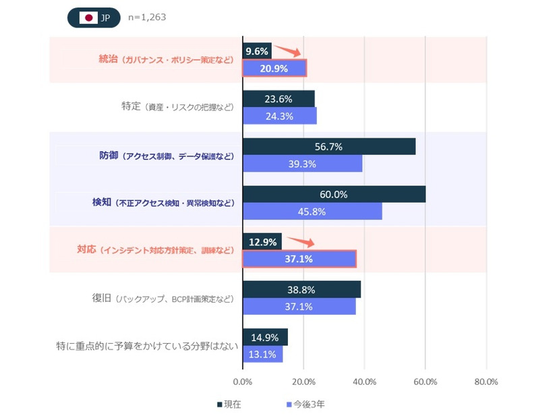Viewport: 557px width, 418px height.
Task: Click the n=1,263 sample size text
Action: pos(147,18)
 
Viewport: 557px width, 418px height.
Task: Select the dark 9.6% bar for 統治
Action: pos(257,51)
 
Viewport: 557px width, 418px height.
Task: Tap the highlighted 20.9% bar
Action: pos(274,68)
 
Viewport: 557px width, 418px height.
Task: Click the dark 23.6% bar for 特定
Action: pos(278,98)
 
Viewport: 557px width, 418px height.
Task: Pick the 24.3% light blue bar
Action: pos(279,116)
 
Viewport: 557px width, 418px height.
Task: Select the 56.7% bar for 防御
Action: pos(329,146)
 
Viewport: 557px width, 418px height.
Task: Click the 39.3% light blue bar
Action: pos(303,164)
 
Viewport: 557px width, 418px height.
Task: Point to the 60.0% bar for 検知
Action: pos(334,194)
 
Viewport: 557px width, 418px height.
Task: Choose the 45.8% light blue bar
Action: pos(312,212)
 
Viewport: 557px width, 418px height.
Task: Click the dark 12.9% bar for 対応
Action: pos(262,241)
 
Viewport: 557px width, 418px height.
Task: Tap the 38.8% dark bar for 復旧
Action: pos(301,289)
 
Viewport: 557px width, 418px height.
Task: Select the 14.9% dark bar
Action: pos(265,337)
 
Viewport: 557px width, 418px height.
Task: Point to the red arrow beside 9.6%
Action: pos(288,51)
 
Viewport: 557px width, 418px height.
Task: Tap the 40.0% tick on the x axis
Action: pos(364,382)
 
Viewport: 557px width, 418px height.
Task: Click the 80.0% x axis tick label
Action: pos(486,382)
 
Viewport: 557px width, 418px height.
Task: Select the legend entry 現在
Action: pos(230,405)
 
